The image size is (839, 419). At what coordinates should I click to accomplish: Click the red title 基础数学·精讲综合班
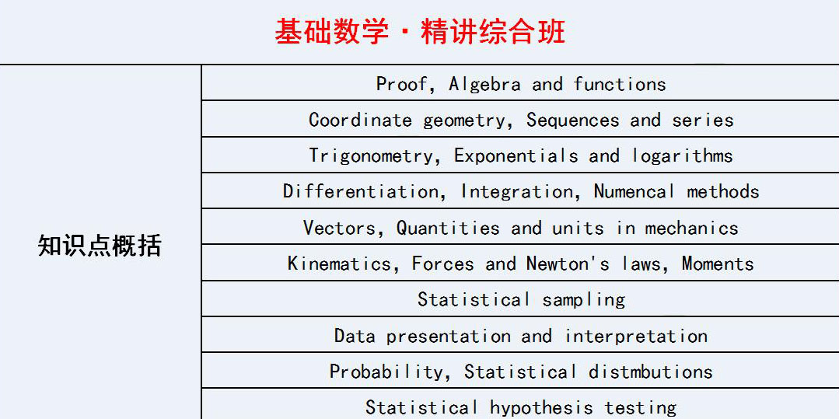420,31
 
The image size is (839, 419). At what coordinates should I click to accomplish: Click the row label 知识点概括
100,246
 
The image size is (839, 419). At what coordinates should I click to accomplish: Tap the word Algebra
484,85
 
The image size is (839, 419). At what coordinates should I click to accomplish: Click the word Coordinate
360,120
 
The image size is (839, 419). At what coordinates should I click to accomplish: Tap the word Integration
518,192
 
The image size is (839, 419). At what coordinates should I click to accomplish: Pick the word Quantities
448,229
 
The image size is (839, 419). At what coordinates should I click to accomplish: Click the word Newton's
568,264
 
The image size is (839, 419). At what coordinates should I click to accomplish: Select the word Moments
718,264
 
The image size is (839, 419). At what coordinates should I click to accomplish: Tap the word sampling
583,300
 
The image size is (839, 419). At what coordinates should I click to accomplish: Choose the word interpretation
636,337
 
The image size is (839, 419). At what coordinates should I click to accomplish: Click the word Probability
385,372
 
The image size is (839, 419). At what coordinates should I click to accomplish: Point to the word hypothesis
541,408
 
